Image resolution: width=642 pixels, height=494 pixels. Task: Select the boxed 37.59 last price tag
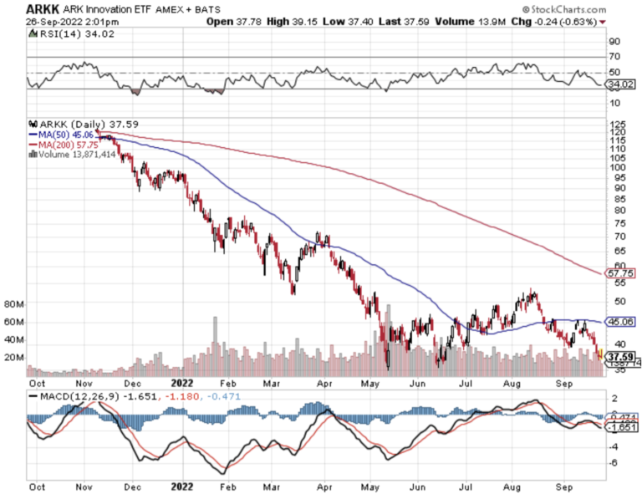pos(617,354)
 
